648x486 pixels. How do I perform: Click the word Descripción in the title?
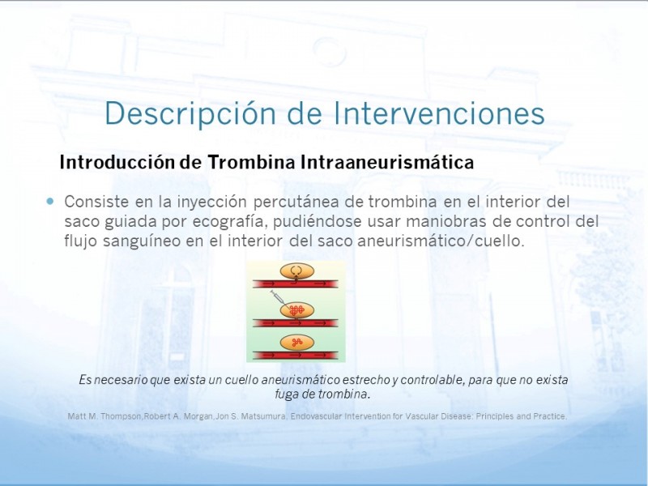click(190, 113)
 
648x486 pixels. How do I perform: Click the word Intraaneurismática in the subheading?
click(387, 162)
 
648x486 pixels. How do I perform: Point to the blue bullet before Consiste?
click(50, 201)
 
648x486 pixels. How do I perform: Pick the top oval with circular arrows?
click(296, 271)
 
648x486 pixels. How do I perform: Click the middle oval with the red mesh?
click(296, 310)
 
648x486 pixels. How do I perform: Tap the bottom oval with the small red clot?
click(296, 343)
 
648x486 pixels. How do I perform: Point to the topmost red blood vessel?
click(296, 283)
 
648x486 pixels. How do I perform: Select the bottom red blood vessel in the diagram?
click(296, 355)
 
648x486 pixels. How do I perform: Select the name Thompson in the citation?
click(121, 416)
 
